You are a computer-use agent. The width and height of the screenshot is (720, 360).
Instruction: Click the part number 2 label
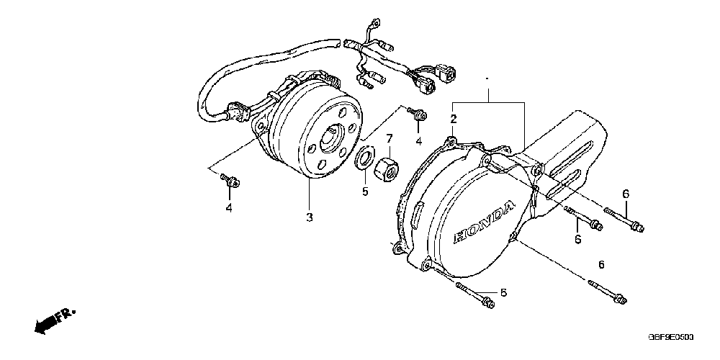454,118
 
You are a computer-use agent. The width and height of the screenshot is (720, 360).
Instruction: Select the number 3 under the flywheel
309,217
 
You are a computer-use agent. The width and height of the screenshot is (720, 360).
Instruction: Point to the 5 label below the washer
365,192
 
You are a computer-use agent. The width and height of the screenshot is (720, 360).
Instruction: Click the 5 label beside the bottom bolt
503,292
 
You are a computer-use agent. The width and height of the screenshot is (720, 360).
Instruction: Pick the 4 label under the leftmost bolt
229,208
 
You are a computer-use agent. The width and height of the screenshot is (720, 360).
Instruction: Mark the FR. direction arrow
54,320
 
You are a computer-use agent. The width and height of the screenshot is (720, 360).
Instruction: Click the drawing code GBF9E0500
674,337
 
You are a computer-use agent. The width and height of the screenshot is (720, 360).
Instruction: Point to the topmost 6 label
626,193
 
